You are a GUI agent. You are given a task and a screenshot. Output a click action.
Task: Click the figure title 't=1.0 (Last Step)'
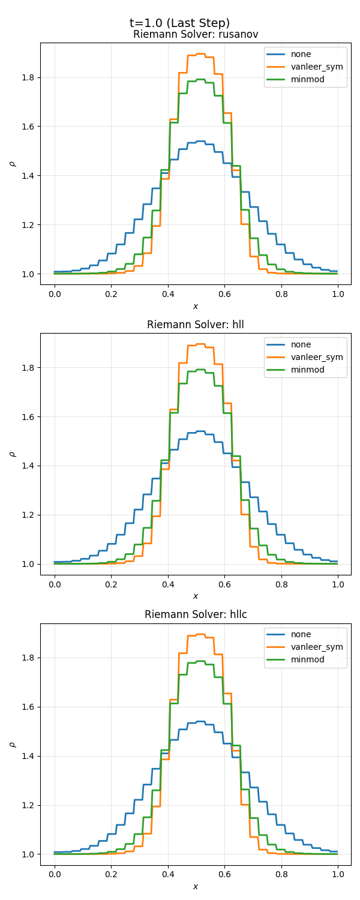click(179, 23)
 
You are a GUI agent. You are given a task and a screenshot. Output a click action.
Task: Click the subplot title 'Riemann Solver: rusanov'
click(196, 35)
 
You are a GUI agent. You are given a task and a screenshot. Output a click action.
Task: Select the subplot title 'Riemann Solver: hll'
click(196, 325)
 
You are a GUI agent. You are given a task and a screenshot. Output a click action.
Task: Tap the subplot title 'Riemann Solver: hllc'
click(196, 614)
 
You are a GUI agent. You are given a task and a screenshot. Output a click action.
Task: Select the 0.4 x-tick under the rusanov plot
click(167, 293)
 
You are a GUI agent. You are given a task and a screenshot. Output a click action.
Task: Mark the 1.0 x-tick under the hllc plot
click(337, 874)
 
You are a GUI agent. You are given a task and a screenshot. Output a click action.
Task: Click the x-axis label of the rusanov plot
click(196, 307)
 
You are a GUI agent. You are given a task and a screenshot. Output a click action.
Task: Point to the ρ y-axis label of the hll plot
click(12, 454)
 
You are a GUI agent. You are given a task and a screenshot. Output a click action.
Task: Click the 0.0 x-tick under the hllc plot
click(55, 874)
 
